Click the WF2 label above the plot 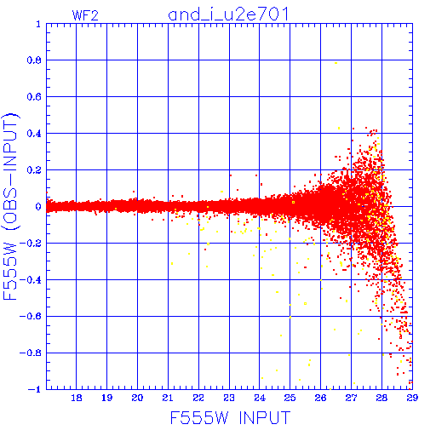click(85, 15)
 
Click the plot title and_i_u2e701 click(228, 14)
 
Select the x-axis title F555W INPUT click(230, 417)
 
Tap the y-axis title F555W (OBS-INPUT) click(10, 207)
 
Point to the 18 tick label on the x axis click(77, 398)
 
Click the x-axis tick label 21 click(168, 398)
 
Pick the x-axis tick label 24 click(260, 398)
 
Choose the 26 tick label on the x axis click(320, 398)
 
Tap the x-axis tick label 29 click(412, 398)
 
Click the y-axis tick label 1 click(38, 24)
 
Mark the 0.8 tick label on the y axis click(34, 60)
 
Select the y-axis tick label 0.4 click(34, 134)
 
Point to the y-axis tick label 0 click(38, 206)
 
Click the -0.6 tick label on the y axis click(30, 316)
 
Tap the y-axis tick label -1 click(34, 389)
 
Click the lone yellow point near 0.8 click(336, 63)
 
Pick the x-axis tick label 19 click(106, 398)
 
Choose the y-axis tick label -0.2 click(30, 244)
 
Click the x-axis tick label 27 click(351, 398)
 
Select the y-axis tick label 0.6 click(34, 97)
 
